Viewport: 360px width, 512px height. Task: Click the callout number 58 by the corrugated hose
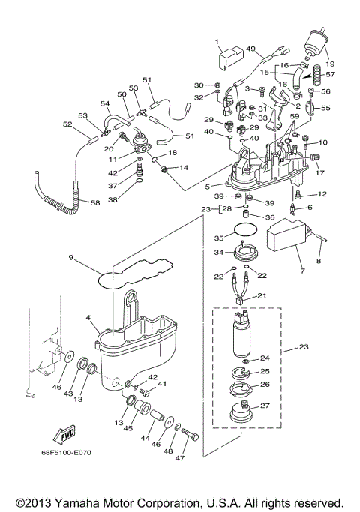[94, 202]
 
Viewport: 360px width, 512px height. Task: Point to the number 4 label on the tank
[89, 319]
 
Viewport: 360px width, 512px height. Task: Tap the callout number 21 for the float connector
[262, 296]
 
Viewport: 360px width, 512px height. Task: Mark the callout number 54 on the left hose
[84, 104]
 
